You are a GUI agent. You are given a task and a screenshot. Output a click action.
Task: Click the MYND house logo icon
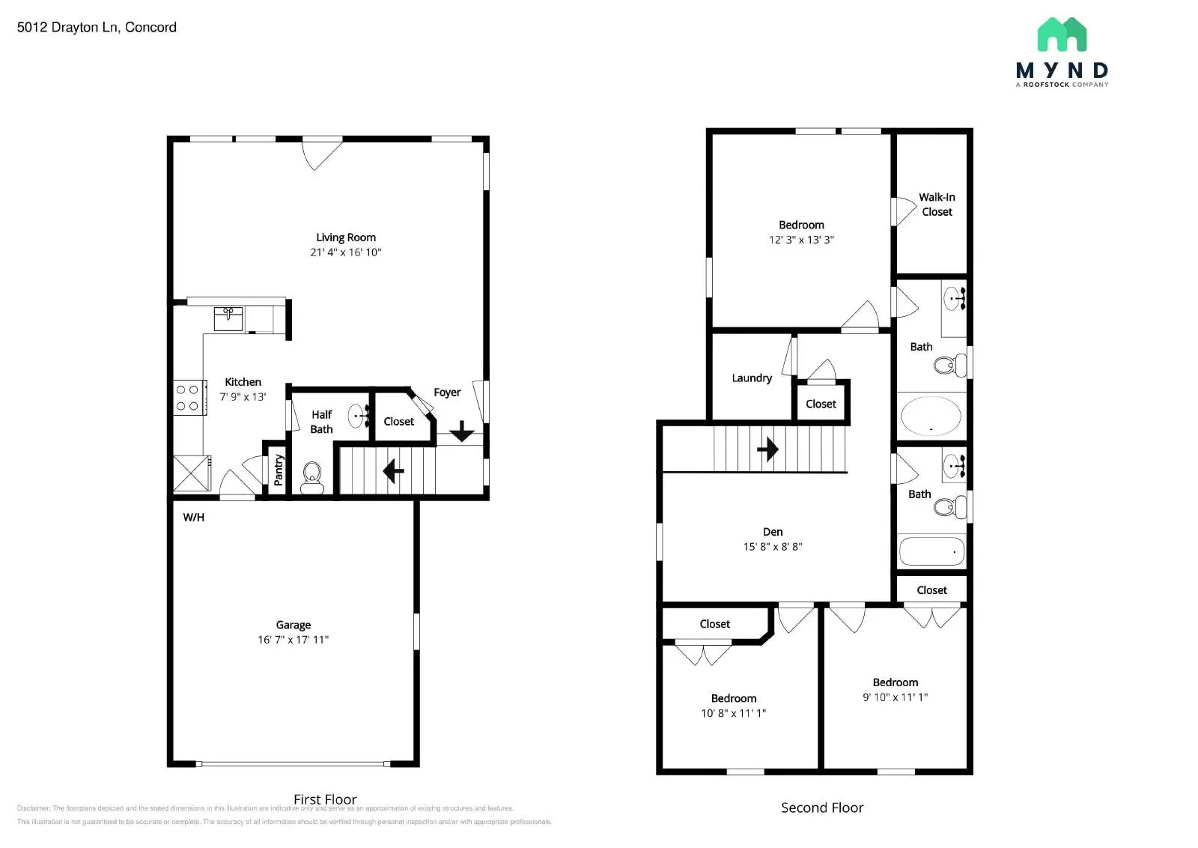click(x=1062, y=35)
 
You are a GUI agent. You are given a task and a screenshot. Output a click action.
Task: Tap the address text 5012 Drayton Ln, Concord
click(x=97, y=28)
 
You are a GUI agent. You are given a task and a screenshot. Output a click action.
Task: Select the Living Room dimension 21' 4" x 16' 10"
click(x=345, y=252)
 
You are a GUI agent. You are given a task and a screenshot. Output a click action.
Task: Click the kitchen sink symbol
click(x=228, y=318)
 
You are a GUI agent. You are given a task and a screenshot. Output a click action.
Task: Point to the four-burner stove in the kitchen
click(x=187, y=398)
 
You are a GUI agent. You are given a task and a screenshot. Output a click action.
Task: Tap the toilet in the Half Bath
click(x=311, y=475)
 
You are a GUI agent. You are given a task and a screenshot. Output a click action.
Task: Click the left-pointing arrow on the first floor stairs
click(x=393, y=471)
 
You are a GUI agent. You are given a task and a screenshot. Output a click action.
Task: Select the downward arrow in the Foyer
click(x=461, y=431)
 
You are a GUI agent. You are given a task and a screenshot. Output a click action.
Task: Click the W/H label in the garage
click(x=193, y=518)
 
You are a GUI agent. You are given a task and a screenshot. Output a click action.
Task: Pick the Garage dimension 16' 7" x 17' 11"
click(x=293, y=640)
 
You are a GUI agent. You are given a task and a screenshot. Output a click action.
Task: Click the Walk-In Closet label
click(x=937, y=205)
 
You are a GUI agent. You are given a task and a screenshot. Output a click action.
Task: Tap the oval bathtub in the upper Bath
click(x=931, y=416)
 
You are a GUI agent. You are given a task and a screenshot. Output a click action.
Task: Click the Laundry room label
click(x=752, y=378)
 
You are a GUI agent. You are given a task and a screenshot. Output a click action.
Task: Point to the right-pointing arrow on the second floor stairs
click(x=767, y=449)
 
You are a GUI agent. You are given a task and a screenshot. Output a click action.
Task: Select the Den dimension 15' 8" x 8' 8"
click(x=772, y=547)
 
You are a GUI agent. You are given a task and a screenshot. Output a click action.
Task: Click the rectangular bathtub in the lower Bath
click(x=931, y=551)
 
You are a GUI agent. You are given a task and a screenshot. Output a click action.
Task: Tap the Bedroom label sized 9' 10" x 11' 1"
click(x=895, y=682)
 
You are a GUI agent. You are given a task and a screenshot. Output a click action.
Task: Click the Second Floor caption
click(x=821, y=808)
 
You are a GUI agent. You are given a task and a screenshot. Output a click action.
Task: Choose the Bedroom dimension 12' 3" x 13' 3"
click(x=801, y=240)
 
